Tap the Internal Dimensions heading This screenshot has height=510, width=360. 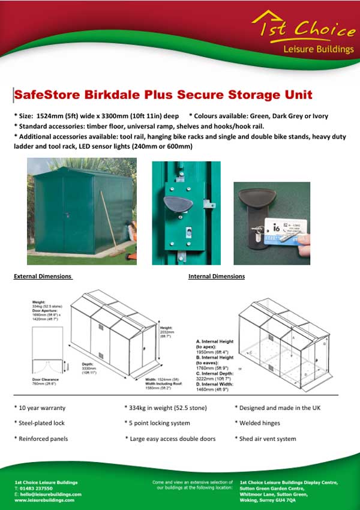(x=217, y=276)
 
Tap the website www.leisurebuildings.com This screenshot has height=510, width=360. (x=44, y=499)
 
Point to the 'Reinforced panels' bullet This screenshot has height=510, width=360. (x=42, y=439)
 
